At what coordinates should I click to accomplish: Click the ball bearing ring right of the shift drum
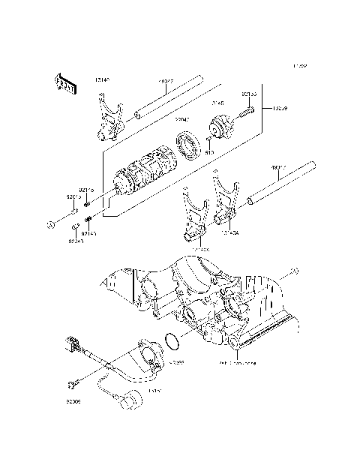coord(186,143)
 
